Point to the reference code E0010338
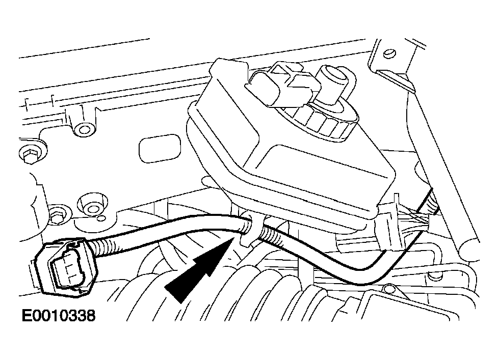pos(59,316)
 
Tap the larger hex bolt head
pos(29,154)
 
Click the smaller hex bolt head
pos(57,216)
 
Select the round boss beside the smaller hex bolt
pos(92,207)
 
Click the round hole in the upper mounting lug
pos(84,130)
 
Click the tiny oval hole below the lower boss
pos(102,218)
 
